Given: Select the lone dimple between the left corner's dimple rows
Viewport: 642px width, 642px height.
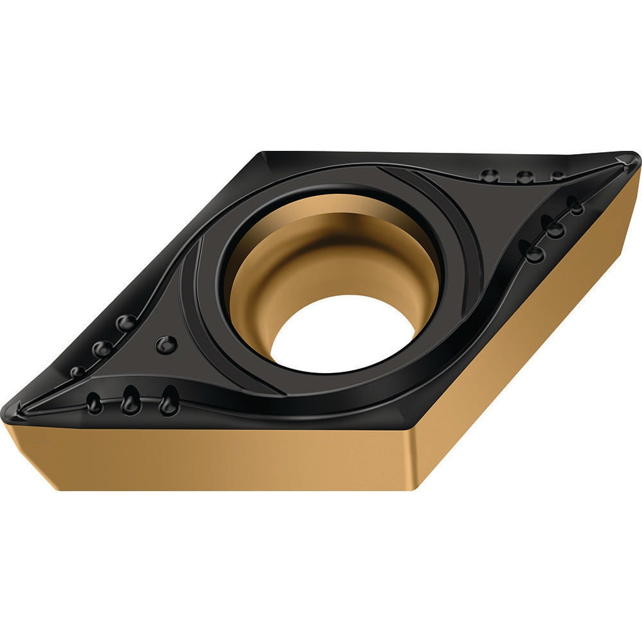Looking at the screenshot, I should (x=166, y=344).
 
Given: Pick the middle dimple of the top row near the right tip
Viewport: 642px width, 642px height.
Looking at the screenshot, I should (x=525, y=177).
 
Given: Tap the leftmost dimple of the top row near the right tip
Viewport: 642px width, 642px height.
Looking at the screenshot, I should (x=490, y=175).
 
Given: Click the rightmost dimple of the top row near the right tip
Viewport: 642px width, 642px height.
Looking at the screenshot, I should (x=558, y=175).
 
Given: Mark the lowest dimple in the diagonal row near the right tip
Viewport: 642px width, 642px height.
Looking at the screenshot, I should (x=534, y=252).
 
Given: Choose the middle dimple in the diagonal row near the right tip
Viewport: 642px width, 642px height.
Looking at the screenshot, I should (x=553, y=227).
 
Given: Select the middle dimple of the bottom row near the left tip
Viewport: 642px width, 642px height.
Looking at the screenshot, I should (x=130, y=401).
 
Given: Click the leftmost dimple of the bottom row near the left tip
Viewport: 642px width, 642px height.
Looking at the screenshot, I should (x=94, y=403).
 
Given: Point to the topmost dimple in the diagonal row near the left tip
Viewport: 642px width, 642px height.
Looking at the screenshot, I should (x=126, y=322).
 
